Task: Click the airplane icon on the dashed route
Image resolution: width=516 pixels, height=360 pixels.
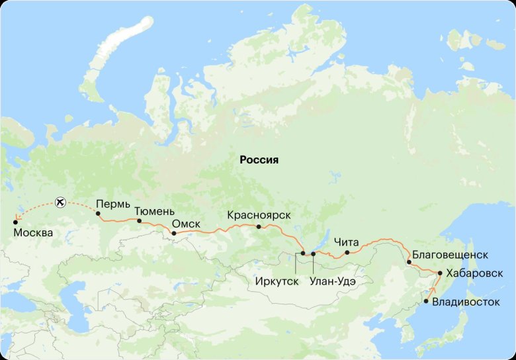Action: pyautogui.click(x=61, y=201)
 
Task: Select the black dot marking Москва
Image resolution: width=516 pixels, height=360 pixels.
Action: pyautogui.click(x=15, y=222)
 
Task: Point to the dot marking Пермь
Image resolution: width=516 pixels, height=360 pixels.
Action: pyautogui.click(x=98, y=214)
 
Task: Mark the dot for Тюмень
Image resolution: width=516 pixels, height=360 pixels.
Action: pyautogui.click(x=139, y=220)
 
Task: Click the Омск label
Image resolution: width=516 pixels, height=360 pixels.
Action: pyautogui.click(x=186, y=224)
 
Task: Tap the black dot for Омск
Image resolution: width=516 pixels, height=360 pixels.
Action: pyautogui.click(x=173, y=233)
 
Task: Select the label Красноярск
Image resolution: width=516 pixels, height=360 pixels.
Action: pyautogui.click(x=259, y=215)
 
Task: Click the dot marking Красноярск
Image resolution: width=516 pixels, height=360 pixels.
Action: pyautogui.click(x=259, y=227)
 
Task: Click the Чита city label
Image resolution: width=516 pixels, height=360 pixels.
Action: pyautogui.click(x=347, y=242)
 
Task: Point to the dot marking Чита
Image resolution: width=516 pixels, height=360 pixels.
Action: pyautogui.click(x=347, y=252)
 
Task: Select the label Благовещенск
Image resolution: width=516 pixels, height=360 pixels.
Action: pyautogui.click(x=450, y=254)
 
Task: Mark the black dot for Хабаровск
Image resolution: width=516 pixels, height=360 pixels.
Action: pyautogui.click(x=440, y=273)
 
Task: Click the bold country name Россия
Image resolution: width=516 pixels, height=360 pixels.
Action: pyautogui.click(x=259, y=160)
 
